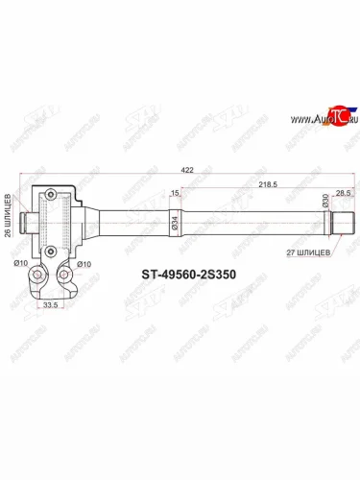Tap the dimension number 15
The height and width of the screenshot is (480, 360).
click(x=174, y=193)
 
